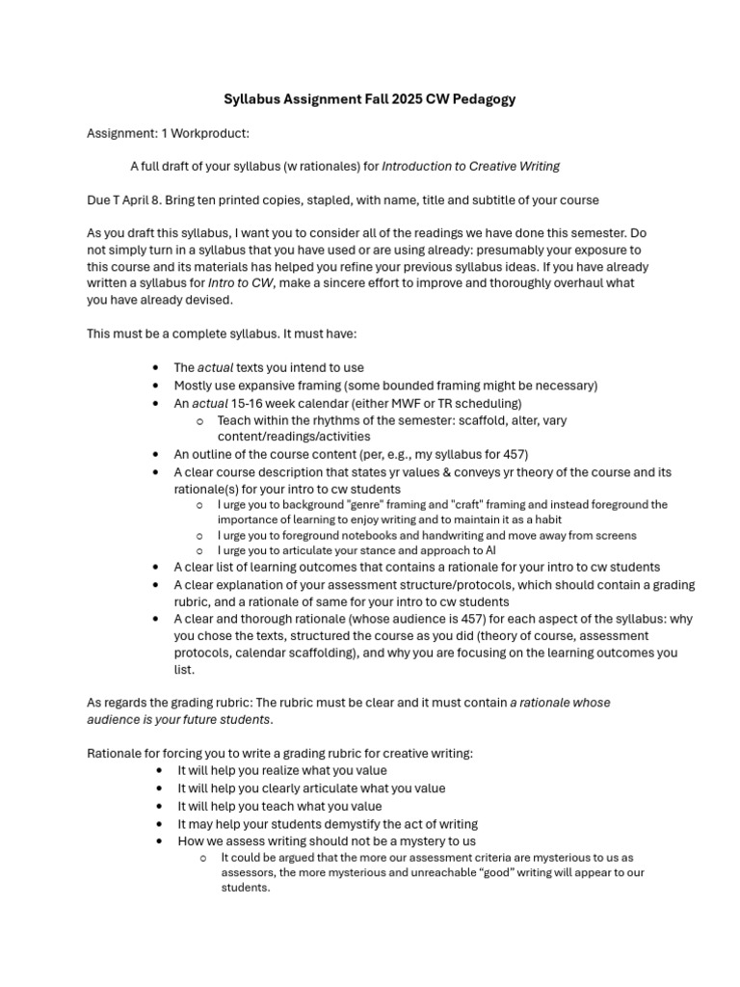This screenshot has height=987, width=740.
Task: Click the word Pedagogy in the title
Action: [x=480, y=99]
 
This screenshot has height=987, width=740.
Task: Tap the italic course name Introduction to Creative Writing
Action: [x=470, y=166]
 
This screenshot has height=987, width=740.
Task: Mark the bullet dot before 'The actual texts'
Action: [x=156, y=368]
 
